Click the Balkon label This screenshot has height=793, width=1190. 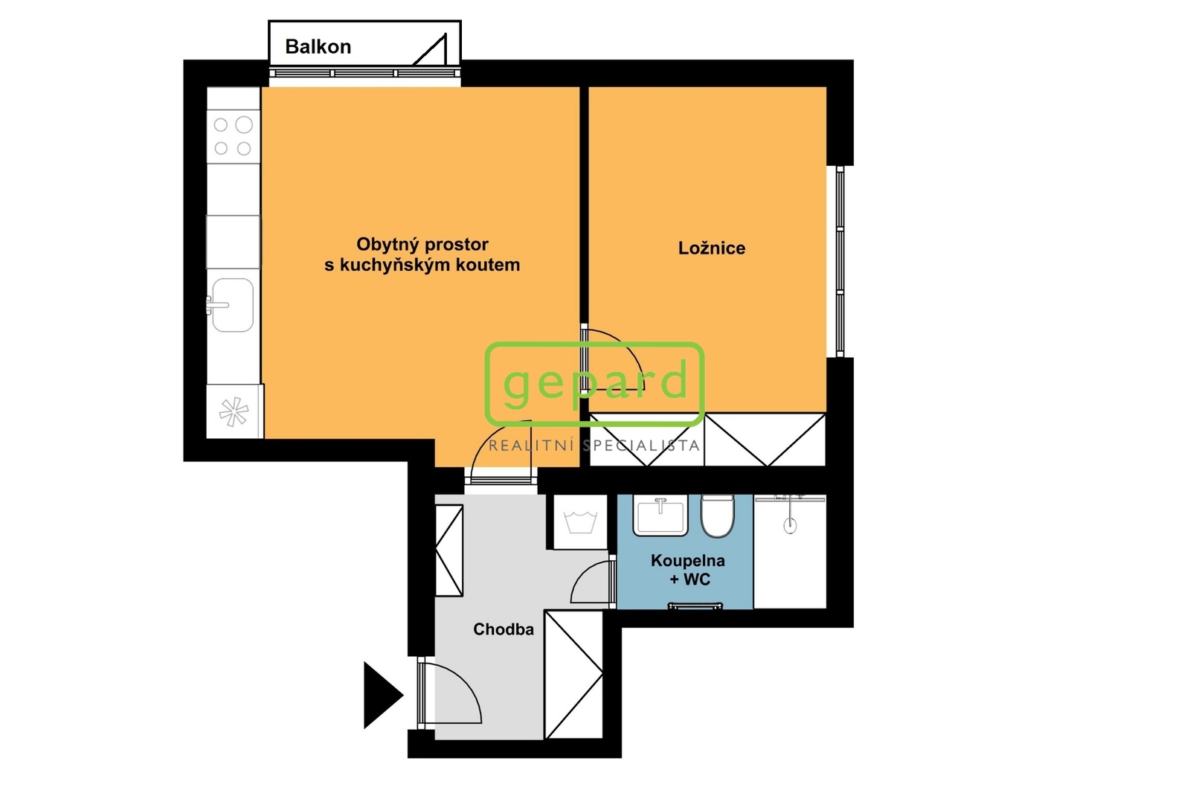pyautogui.click(x=318, y=47)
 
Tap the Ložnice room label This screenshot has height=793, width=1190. pyautogui.click(x=711, y=248)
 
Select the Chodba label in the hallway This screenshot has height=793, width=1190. pyautogui.click(x=503, y=629)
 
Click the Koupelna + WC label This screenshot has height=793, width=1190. pyautogui.click(x=687, y=569)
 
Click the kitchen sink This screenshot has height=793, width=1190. pyautogui.click(x=232, y=305)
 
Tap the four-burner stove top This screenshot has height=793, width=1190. pyautogui.click(x=234, y=137)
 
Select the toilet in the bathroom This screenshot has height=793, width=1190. pyautogui.click(x=717, y=516)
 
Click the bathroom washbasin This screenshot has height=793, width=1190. pyautogui.click(x=660, y=515)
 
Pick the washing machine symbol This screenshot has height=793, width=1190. pyautogui.click(x=581, y=521)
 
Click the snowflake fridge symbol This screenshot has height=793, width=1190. pyautogui.click(x=234, y=412)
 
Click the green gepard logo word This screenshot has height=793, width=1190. pyautogui.click(x=595, y=382)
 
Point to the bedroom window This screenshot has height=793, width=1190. pyautogui.click(x=840, y=262)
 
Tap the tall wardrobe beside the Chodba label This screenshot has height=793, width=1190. pyautogui.click(x=573, y=675)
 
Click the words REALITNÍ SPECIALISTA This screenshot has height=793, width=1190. pyautogui.click(x=594, y=446)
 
